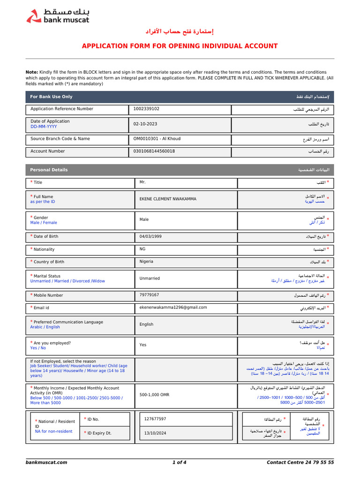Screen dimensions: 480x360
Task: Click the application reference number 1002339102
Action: [x=146, y=109]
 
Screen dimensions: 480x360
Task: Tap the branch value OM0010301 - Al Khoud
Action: [x=157, y=139]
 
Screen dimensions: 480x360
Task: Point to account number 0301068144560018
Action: [x=154, y=151]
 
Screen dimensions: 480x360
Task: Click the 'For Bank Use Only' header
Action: [x=51, y=97]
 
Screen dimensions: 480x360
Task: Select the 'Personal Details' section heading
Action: [x=49, y=170]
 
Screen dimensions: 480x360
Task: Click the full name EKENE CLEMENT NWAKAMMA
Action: [x=168, y=199]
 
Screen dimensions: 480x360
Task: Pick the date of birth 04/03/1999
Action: [x=150, y=237]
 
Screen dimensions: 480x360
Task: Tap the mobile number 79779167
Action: [x=149, y=295]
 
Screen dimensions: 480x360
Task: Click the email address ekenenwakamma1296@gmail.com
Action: [x=173, y=307]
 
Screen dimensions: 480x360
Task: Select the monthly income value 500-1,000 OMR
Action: [x=154, y=395]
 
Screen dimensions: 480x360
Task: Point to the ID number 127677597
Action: [x=155, y=419]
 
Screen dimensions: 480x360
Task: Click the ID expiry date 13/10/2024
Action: [x=155, y=433]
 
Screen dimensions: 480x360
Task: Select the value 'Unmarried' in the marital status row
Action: [x=150, y=278]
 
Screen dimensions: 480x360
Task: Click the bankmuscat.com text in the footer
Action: [x=46, y=462]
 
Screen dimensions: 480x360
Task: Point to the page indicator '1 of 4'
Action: [x=179, y=462]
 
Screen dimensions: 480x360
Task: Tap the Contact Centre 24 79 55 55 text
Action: [x=300, y=462]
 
